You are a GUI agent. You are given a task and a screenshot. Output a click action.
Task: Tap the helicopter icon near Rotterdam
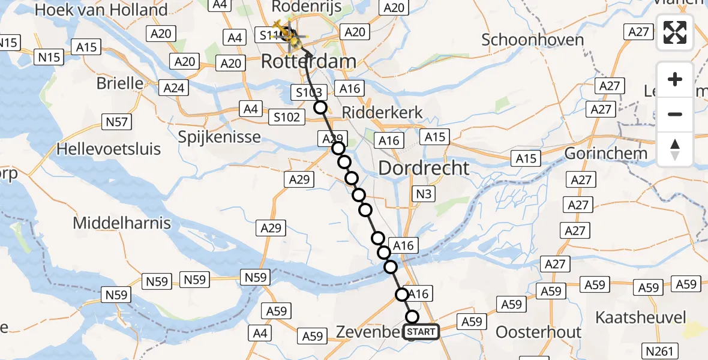[x=293, y=37]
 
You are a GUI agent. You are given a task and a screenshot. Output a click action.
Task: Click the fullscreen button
[x=675, y=32]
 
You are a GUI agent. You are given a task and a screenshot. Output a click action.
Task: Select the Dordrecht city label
[x=424, y=168]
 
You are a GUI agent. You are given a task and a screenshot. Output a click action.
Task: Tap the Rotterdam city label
[x=308, y=61]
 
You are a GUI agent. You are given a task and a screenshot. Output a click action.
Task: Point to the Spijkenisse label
[x=220, y=137]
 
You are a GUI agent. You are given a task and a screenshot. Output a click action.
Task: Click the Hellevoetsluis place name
[x=109, y=148]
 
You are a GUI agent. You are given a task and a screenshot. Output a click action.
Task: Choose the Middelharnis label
[x=122, y=223]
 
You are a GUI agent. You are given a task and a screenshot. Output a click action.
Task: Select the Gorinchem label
[x=606, y=153]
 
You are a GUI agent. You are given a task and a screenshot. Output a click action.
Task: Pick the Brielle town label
[x=120, y=83]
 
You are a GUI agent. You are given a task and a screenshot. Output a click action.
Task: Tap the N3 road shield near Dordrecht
[x=424, y=194]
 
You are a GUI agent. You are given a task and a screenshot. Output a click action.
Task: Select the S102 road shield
[x=286, y=117]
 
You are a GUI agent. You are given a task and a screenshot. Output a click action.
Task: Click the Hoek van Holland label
[x=101, y=10]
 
